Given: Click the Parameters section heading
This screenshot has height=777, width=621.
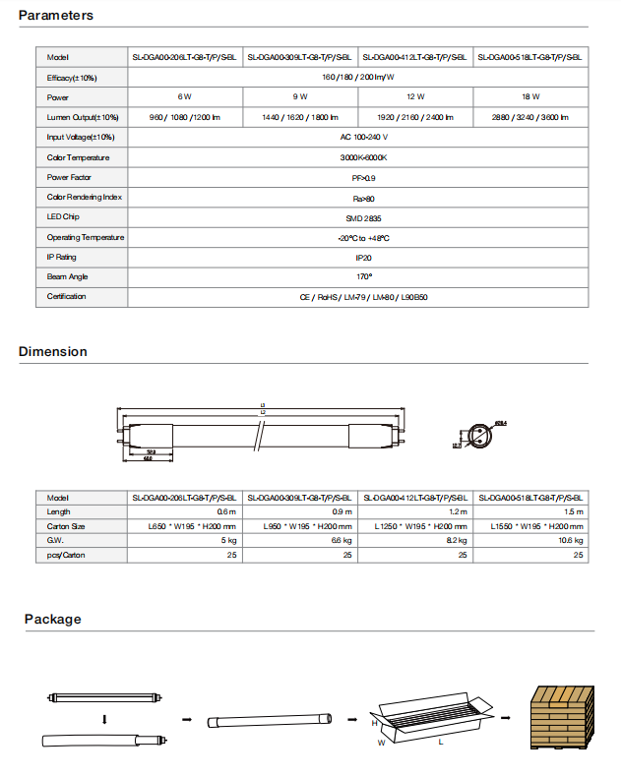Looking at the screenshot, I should click(56, 16).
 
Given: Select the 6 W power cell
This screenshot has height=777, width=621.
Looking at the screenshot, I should click(184, 97).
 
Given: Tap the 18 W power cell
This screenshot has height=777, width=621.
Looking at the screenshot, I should click(530, 97).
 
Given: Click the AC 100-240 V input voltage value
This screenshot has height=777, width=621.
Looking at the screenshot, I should click(358, 138).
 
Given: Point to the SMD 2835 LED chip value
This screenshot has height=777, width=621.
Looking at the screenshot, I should click(358, 217).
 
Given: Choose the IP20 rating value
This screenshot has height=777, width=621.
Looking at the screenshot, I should click(358, 258).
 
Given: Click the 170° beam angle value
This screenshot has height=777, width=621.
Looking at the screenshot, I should click(358, 277).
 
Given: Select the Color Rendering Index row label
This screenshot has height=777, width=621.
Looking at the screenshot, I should click(85, 198).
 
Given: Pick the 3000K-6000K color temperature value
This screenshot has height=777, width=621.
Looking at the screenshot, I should click(358, 157).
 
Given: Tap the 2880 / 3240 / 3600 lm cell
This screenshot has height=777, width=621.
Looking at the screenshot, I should click(530, 118).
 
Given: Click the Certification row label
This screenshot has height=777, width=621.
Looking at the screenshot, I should click(67, 297).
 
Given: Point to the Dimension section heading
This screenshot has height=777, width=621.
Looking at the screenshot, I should click(53, 352).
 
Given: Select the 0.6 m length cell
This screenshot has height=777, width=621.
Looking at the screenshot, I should click(226, 512).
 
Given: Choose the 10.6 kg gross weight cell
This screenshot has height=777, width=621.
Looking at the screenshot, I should click(572, 541).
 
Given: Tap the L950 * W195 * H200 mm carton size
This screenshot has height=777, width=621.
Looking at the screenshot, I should click(306, 527).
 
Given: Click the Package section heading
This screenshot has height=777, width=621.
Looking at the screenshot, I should click(53, 620).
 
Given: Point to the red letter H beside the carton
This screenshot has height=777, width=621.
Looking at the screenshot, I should click(374, 723).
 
